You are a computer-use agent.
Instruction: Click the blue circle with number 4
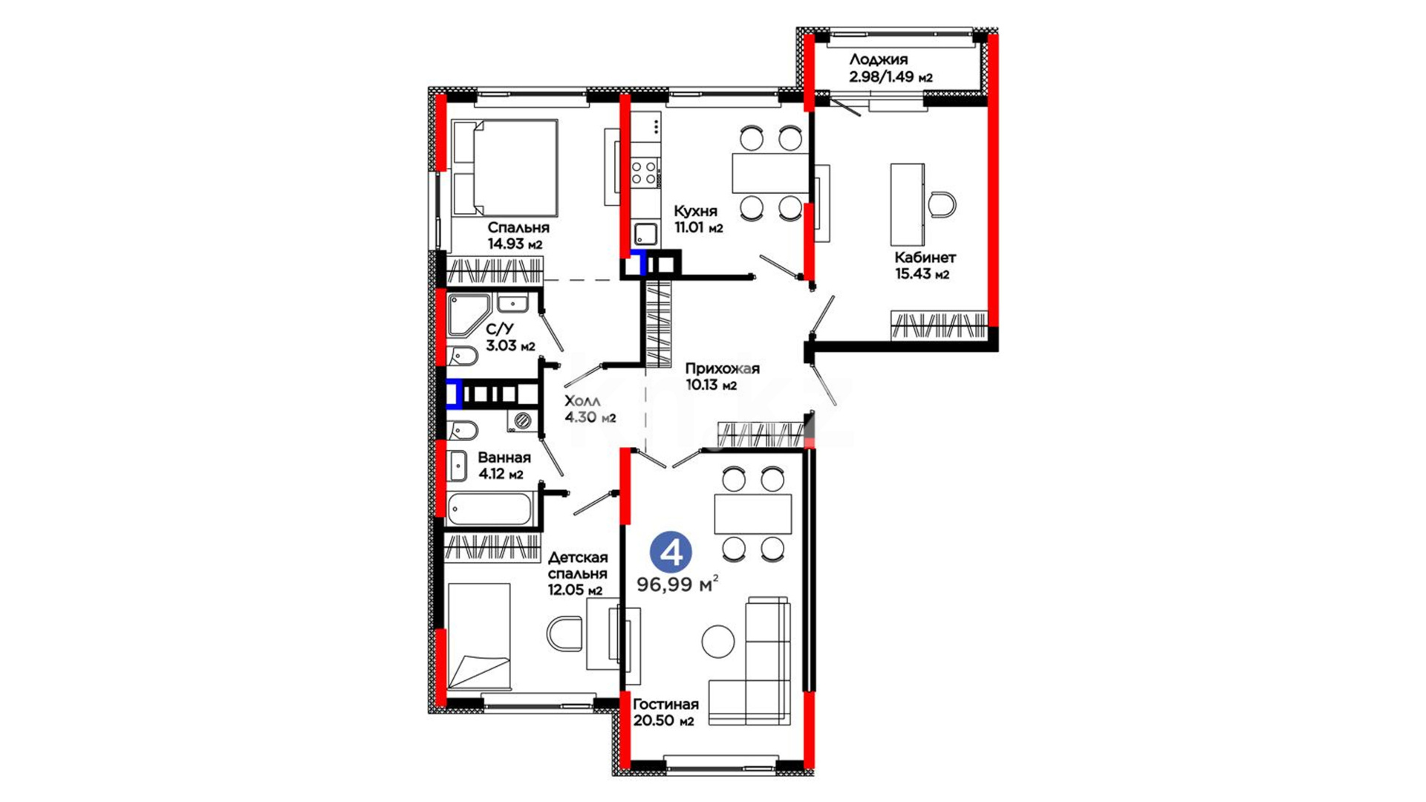pyautogui.click(x=671, y=552)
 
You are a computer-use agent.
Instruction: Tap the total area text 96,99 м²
pyautogui.click(x=677, y=584)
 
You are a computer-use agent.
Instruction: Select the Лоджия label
pyautogui.click(x=879, y=59)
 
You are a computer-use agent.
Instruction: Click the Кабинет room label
pyautogui.click(x=925, y=258)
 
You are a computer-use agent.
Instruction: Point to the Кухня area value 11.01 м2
pyautogui.click(x=698, y=228)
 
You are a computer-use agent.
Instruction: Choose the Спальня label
pyautogui.click(x=518, y=228)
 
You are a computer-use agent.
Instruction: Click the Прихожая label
pyautogui.click(x=723, y=369)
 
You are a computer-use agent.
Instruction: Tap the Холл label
pyautogui.click(x=582, y=402)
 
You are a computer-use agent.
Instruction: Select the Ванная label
pyautogui.click(x=504, y=457)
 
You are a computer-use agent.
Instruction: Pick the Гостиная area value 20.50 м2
pyautogui.click(x=663, y=721)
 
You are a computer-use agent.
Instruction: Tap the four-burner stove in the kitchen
pyautogui.click(x=644, y=173)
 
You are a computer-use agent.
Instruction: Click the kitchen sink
pyautogui.click(x=645, y=234)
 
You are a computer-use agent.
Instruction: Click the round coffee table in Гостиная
pyautogui.click(x=718, y=642)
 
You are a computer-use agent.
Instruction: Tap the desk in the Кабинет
pyautogui.click(x=908, y=204)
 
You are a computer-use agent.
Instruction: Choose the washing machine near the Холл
pyautogui.click(x=523, y=420)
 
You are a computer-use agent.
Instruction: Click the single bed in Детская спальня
pyautogui.click(x=479, y=636)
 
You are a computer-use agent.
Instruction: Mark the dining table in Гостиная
pyautogui.click(x=753, y=514)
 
